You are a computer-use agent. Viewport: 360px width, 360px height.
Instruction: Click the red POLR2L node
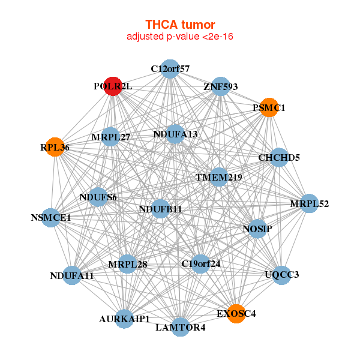click(x=113, y=86)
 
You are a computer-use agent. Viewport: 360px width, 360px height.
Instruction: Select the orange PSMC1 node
click(x=268, y=108)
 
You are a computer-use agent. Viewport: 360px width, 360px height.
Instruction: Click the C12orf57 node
click(x=170, y=69)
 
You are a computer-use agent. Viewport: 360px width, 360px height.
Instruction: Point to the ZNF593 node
click(x=221, y=86)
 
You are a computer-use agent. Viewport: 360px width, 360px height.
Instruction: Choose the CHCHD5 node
click(x=279, y=158)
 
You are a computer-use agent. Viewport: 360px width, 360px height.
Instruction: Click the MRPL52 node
click(x=309, y=204)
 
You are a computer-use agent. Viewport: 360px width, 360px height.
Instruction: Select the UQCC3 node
click(x=282, y=275)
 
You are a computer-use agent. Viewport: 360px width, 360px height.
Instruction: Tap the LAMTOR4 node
click(x=181, y=327)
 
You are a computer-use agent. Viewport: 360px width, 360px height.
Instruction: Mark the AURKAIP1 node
click(x=125, y=319)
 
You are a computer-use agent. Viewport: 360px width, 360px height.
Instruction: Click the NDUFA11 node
click(x=72, y=275)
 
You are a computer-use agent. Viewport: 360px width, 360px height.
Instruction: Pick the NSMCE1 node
click(x=51, y=217)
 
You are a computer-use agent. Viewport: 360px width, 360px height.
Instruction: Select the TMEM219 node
click(x=219, y=177)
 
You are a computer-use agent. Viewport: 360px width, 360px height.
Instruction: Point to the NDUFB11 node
click(x=160, y=209)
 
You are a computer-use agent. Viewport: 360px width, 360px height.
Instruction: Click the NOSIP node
click(x=257, y=229)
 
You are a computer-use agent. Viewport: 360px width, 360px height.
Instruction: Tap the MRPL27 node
click(x=110, y=137)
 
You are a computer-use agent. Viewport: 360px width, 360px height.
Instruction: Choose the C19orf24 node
click(x=200, y=263)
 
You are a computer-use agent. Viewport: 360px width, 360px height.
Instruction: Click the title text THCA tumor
click(x=180, y=25)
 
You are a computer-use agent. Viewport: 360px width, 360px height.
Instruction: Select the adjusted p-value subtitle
click(x=180, y=37)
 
